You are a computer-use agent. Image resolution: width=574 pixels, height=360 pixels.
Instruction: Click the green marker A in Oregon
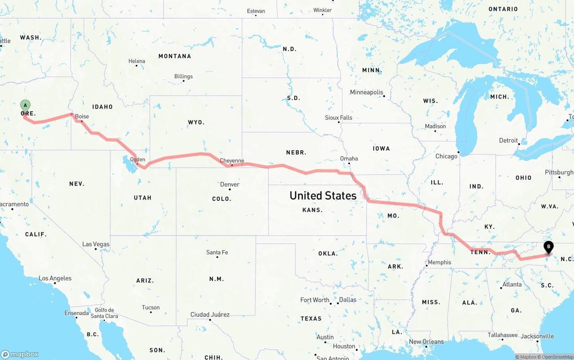26,106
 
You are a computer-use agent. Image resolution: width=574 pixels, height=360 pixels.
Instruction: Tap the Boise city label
82,117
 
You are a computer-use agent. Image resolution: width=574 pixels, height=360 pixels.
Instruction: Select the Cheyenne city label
232,161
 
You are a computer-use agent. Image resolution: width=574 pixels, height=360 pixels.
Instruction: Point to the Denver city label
230,184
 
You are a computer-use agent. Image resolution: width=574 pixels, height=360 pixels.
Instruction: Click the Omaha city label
349,158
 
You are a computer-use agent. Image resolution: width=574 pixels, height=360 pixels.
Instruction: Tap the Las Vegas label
96,244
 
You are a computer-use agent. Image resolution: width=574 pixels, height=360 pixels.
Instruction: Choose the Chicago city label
446,156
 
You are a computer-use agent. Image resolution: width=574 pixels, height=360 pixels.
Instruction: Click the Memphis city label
439,262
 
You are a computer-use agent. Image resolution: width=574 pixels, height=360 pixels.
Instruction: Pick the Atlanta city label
512,284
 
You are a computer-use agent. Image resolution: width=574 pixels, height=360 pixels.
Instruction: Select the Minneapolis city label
366,92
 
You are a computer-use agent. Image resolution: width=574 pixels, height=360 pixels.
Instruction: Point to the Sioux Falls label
339,117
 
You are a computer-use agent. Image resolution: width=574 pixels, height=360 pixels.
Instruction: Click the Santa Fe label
217,252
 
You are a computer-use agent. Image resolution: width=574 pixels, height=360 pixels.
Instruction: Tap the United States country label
323,195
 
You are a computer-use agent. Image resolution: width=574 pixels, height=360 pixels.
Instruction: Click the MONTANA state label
174,56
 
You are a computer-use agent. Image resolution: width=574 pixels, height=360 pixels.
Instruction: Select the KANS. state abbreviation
313,210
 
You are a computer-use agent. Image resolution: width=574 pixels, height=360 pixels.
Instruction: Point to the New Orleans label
426,342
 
